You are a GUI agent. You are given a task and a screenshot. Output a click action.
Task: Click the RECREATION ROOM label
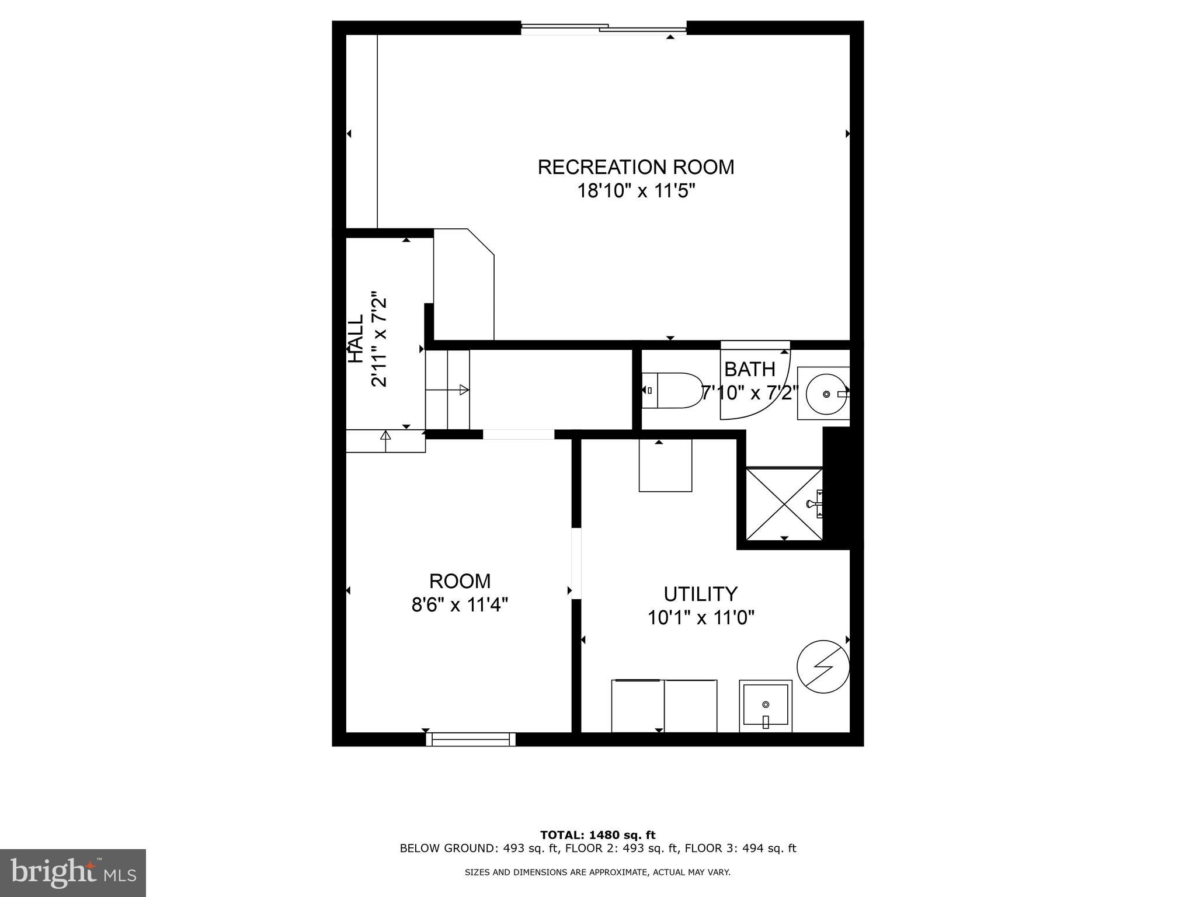tap(635, 167)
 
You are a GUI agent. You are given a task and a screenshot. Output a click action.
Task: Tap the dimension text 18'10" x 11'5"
tap(635, 191)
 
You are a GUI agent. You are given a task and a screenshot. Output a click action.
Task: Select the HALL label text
tap(356, 339)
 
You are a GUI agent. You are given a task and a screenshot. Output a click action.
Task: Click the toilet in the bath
tap(672, 391)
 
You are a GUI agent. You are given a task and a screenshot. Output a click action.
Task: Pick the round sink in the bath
tap(826, 394)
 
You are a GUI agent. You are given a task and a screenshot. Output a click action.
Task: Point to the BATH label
tap(749, 370)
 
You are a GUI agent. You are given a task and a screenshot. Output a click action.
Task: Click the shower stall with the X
tap(784, 503)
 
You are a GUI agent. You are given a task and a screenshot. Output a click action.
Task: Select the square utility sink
tap(766, 706)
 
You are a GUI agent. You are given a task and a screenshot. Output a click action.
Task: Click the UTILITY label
tap(700, 594)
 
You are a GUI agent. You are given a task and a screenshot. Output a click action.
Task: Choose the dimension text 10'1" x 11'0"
tap(700, 617)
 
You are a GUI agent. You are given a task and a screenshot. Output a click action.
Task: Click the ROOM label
tap(460, 581)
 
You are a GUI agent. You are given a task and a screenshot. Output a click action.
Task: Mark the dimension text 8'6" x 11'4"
tap(460, 605)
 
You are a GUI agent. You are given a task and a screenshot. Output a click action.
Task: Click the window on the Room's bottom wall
tap(471, 739)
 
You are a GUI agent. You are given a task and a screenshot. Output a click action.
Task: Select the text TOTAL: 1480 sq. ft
tap(597, 835)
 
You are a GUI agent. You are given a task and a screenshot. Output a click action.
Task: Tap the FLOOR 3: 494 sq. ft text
tap(740, 849)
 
